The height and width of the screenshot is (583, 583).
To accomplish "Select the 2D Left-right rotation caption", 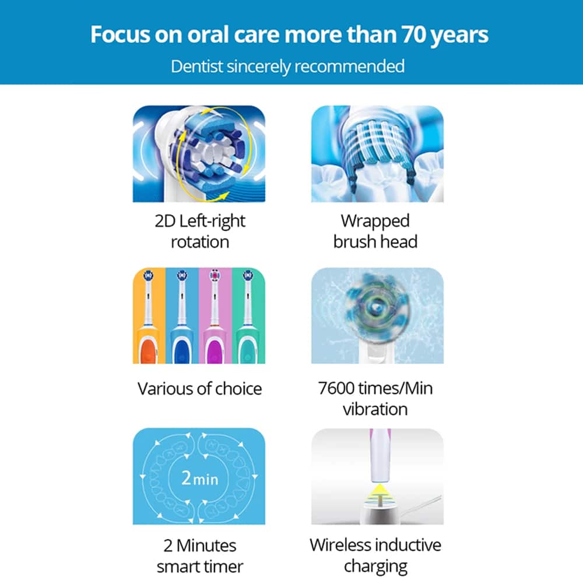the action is pos(199,231).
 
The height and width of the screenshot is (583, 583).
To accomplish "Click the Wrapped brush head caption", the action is pos(375,231).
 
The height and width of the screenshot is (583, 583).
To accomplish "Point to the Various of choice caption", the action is pos(199,388).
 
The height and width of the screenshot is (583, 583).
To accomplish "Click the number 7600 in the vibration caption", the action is pos(336,388).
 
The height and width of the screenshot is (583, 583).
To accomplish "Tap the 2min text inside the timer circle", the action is pos(199,478).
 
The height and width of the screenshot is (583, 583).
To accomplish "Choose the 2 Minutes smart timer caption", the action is pos(199,556).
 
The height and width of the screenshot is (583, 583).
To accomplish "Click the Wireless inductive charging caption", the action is pos(375,556).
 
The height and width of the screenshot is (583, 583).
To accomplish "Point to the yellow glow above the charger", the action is pos(380,492).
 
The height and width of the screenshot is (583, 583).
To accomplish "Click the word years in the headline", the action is pos(459,36).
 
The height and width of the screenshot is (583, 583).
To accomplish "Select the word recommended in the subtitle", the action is pos(349,66).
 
